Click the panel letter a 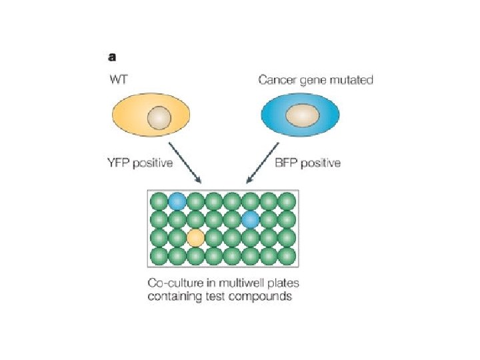(112, 57)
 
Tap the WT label (119, 79)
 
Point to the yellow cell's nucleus (159, 118)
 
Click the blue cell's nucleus (303, 115)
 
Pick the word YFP (119, 163)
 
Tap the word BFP (286, 163)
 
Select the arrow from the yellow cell (185, 163)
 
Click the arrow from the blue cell (263, 163)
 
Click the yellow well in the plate (195, 238)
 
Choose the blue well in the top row (177, 201)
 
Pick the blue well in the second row (251, 219)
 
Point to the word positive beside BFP (321, 163)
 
